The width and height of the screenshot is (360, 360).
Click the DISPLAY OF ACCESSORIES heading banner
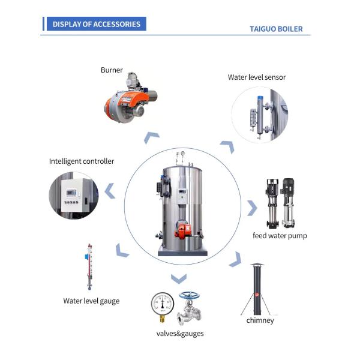(x=96, y=25)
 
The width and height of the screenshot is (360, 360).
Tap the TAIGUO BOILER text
(x=276, y=29)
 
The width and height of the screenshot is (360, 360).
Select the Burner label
(x=112, y=70)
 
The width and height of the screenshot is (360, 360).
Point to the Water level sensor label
(x=257, y=77)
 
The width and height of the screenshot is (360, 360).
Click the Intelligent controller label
(x=81, y=161)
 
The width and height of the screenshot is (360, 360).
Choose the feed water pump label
(x=280, y=236)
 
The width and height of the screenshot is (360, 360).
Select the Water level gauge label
(x=91, y=301)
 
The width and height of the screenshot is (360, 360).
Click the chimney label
(x=260, y=320)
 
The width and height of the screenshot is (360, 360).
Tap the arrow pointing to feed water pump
(x=252, y=208)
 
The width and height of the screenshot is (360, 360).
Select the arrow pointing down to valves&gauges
(x=178, y=278)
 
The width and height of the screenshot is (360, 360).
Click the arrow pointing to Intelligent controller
(x=110, y=191)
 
